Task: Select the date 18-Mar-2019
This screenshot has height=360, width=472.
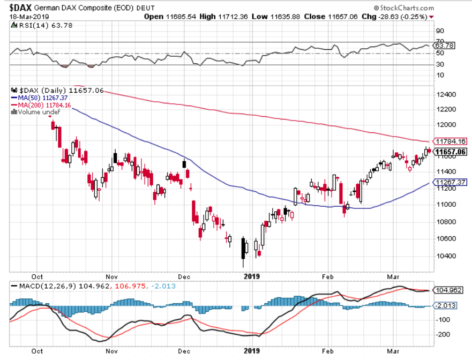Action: click(x=27, y=17)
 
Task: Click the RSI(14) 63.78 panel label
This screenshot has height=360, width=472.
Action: click(x=33, y=25)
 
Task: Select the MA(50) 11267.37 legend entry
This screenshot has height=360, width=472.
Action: click(x=39, y=97)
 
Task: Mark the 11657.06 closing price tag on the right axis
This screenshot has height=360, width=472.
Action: click(x=450, y=152)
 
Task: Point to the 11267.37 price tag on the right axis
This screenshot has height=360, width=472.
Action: click(x=450, y=182)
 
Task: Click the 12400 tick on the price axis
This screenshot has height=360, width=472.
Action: click(x=446, y=94)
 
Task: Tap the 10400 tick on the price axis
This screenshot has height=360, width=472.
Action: click(x=446, y=256)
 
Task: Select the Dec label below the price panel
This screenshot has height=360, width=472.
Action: click(x=184, y=276)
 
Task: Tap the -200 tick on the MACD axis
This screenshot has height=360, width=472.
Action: click(x=444, y=335)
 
